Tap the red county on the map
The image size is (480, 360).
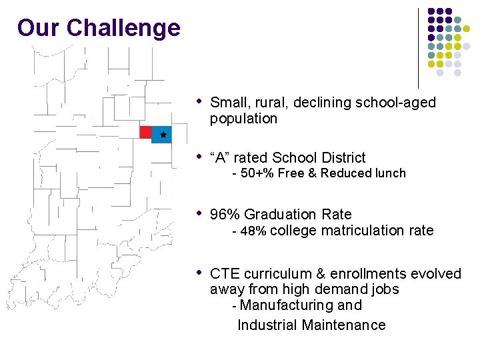[146, 132]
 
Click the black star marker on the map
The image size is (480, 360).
[163, 135]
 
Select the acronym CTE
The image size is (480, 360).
[225, 274]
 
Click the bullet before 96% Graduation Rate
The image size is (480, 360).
[199, 213]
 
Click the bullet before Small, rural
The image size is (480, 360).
[199, 101]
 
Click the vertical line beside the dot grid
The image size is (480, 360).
[418, 47]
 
